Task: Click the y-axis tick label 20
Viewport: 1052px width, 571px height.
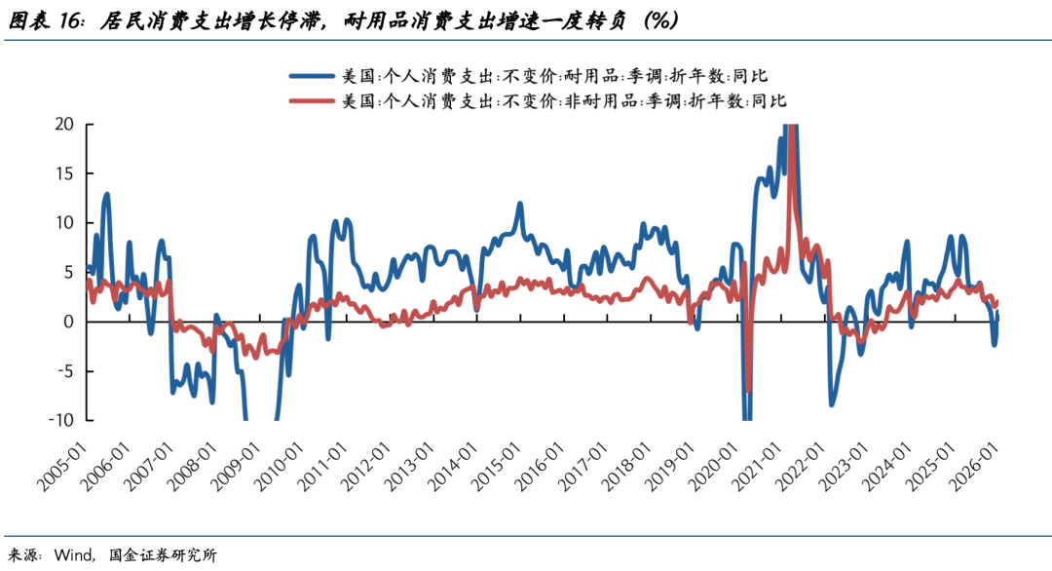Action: pyautogui.click(x=64, y=124)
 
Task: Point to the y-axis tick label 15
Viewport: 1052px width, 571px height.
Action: pyautogui.click(x=64, y=173)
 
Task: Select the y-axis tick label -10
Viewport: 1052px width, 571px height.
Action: pyautogui.click(x=60, y=420)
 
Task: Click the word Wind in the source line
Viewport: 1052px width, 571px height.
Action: pyautogui.click(x=74, y=555)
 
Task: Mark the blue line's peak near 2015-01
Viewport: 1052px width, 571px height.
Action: pyautogui.click(x=520, y=204)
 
